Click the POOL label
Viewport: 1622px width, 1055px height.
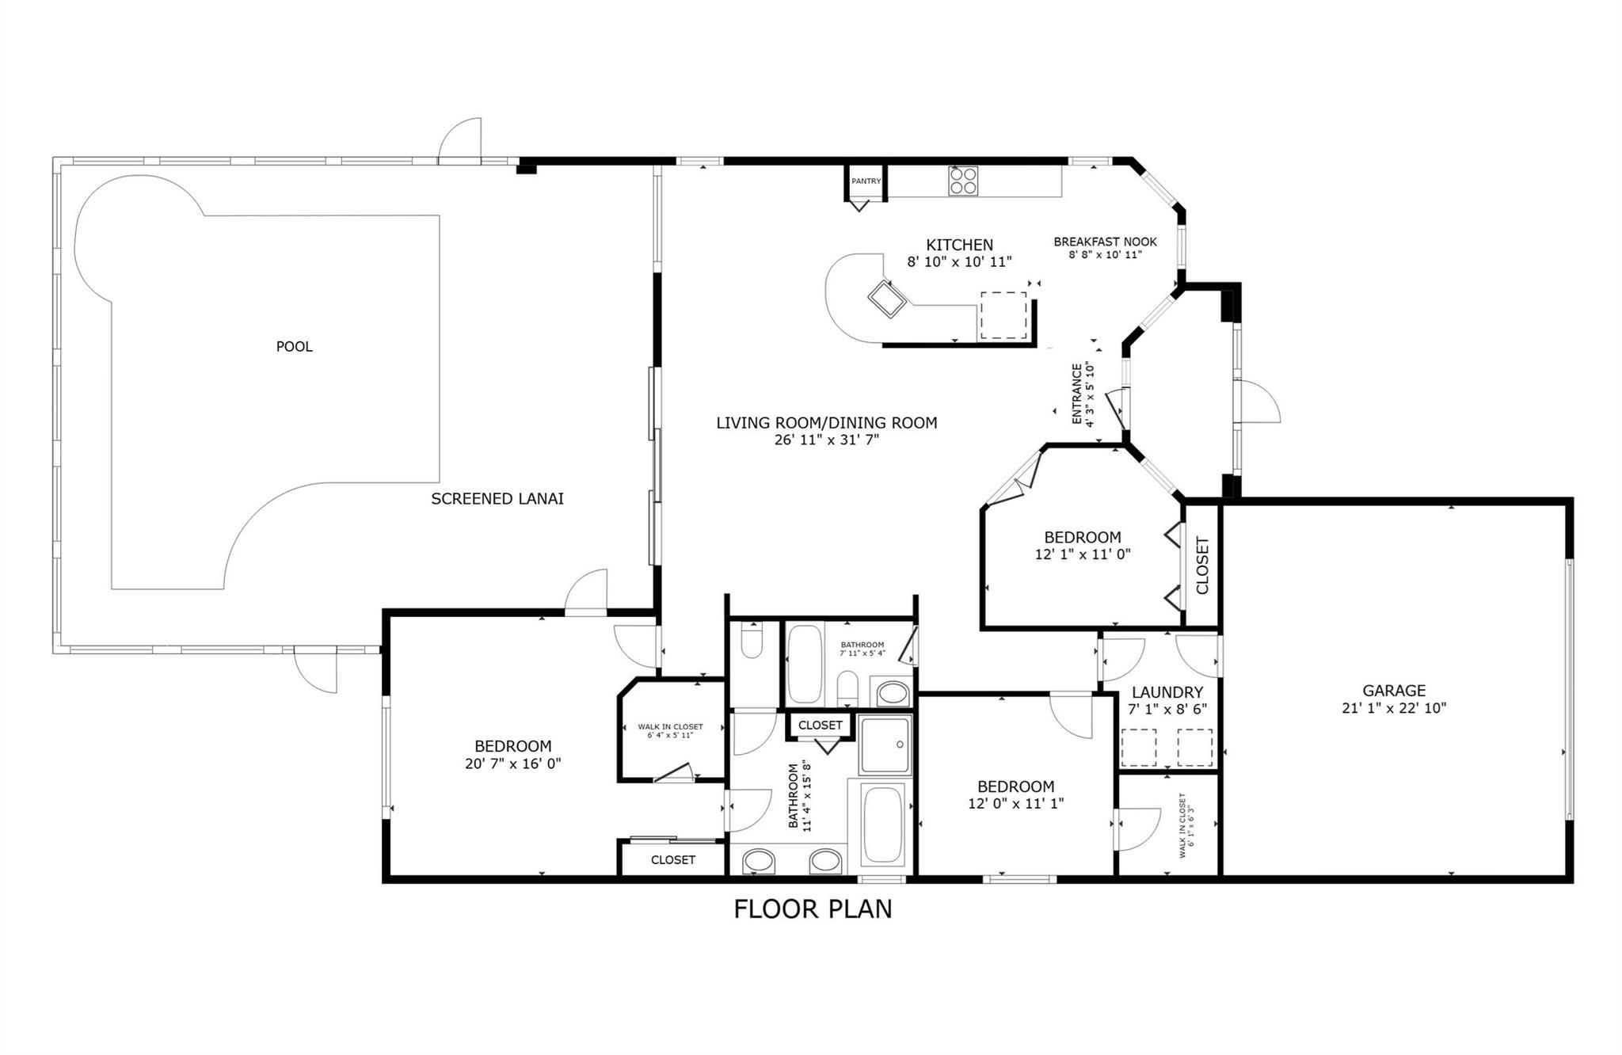pyautogui.click(x=294, y=347)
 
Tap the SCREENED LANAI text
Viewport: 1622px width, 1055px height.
pyautogui.click(x=497, y=499)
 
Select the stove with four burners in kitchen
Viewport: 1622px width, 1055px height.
pyautogui.click(x=963, y=181)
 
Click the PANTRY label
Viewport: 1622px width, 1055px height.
pyautogui.click(x=866, y=181)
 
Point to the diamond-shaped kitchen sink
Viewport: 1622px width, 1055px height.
pyautogui.click(x=887, y=299)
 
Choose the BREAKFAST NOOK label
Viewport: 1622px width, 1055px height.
pyautogui.click(x=1105, y=242)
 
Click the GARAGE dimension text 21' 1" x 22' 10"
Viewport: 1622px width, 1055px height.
pyautogui.click(x=1394, y=709)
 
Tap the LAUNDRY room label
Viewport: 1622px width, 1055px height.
pyautogui.click(x=1167, y=692)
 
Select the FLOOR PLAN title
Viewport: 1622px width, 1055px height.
pyautogui.click(x=813, y=909)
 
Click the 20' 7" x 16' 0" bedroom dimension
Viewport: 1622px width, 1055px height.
pyautogui.click(x=513, y=764)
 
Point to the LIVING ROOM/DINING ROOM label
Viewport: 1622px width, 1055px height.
pyautogui.click(x=827, y=423)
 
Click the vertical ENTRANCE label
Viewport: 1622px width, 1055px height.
pyautogui.click(x=1077, y=394)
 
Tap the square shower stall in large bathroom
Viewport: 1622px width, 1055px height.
pyautogui.click(x=885, y=745)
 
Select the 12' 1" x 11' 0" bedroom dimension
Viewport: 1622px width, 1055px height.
pyautogui.click(x=1082, y=554)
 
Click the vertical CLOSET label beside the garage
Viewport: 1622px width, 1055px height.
pyautogui.click(x=1202, y=566)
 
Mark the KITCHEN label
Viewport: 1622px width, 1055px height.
pyautogui.click(x=959, y=246)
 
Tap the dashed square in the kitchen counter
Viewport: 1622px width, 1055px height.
pyautogui.click(x=1003, y=315)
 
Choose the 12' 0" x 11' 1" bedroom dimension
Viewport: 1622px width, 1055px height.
pyautogui.click(x=1015, y=804)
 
